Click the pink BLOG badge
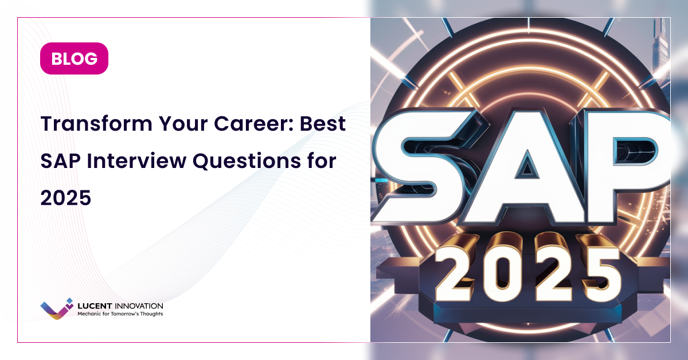(74, 58)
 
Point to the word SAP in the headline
(58, 161)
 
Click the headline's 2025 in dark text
(65, 198)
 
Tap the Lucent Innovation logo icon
(57, 308)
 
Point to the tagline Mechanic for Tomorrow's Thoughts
(120, 314)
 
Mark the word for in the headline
(323, 161)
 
